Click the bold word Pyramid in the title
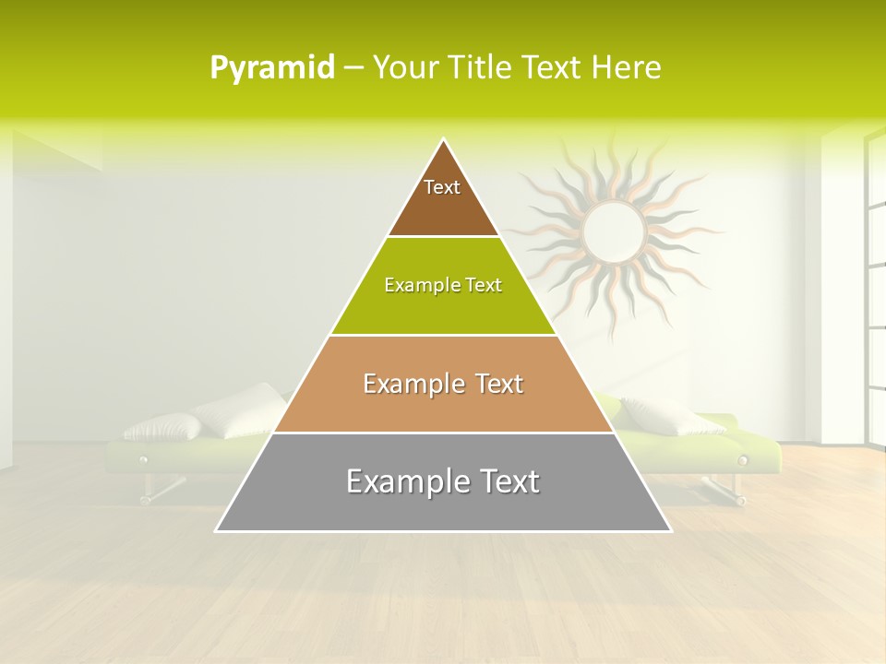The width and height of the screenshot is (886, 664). [x=271, y=68]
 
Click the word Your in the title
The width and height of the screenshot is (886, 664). [x=406, y=68]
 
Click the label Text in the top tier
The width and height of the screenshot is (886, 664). [x=442, y=187]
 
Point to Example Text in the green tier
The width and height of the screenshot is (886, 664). [x=443, y=285]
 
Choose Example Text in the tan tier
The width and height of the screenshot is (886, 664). [x=443, y=384]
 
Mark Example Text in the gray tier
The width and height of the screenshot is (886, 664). [x=443, y=481]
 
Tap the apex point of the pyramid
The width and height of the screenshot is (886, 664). [x=444, y=140]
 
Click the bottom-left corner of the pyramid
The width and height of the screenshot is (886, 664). [x=217, y=530]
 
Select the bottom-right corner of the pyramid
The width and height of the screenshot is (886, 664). [x=670, y=530]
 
